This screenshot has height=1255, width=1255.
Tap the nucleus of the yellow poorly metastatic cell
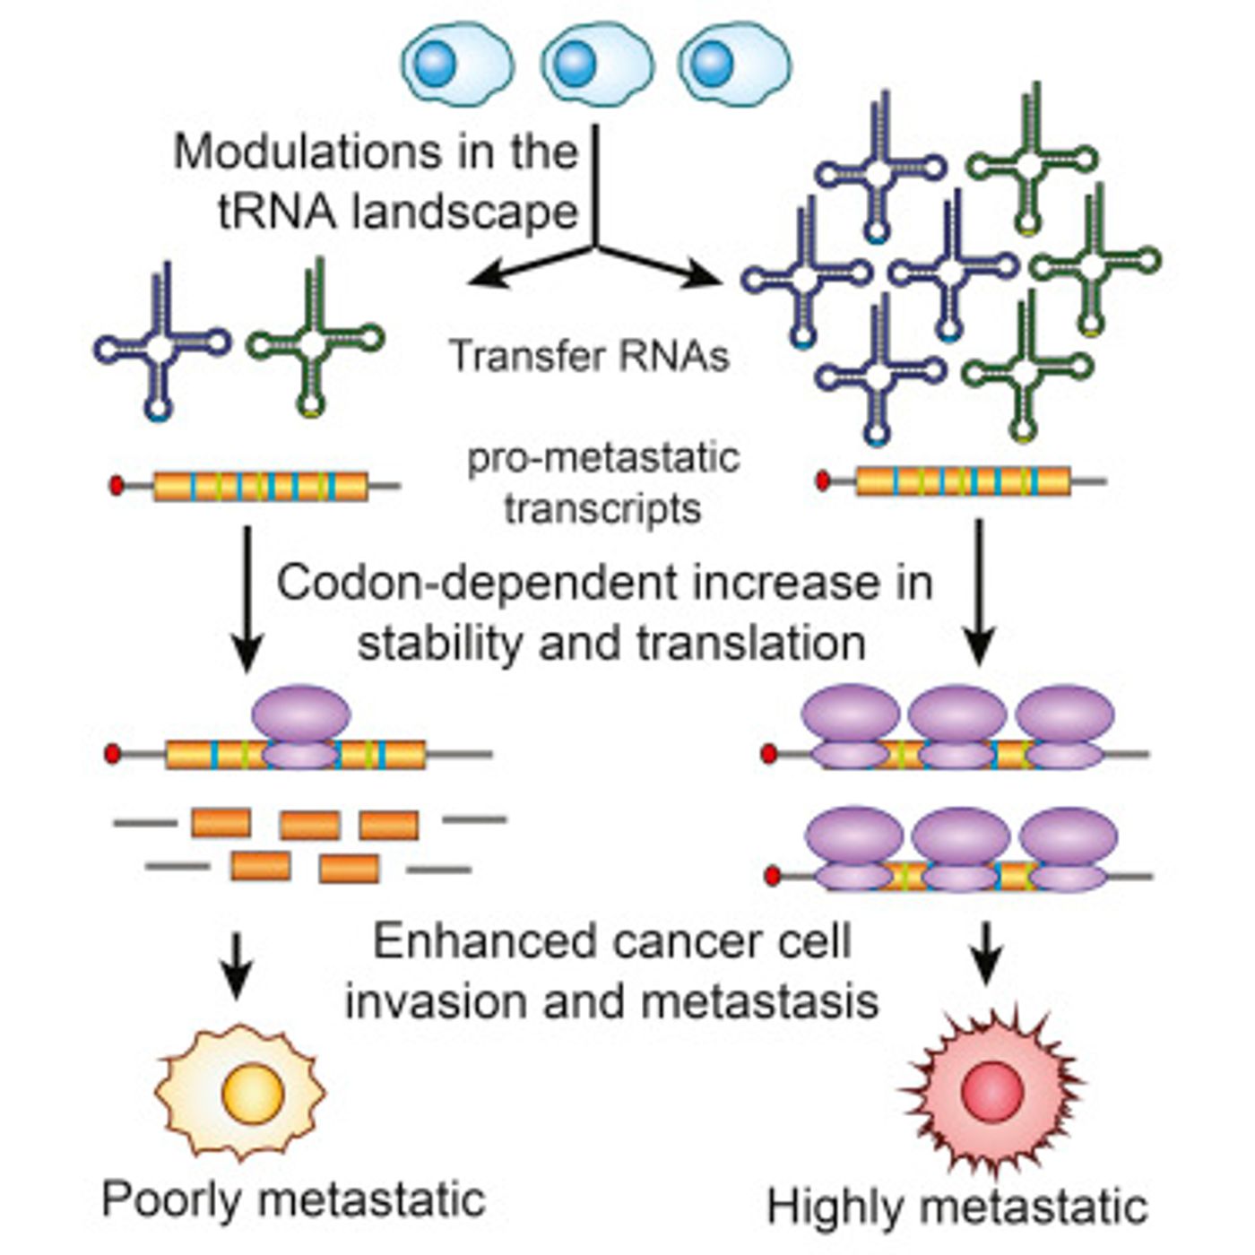(253, 1095)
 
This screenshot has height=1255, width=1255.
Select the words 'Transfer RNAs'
(589, 357)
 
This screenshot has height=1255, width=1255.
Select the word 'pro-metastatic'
(603, 458)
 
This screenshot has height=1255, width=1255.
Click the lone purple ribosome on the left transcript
(301, 727)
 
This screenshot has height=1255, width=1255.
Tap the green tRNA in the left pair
(316, 338)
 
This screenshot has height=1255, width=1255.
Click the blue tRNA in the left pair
(161, 342)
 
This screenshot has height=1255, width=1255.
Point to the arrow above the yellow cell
(237, 965)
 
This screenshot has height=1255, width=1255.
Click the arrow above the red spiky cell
(988, 954)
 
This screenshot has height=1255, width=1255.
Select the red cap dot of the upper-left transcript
(117, 485)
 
